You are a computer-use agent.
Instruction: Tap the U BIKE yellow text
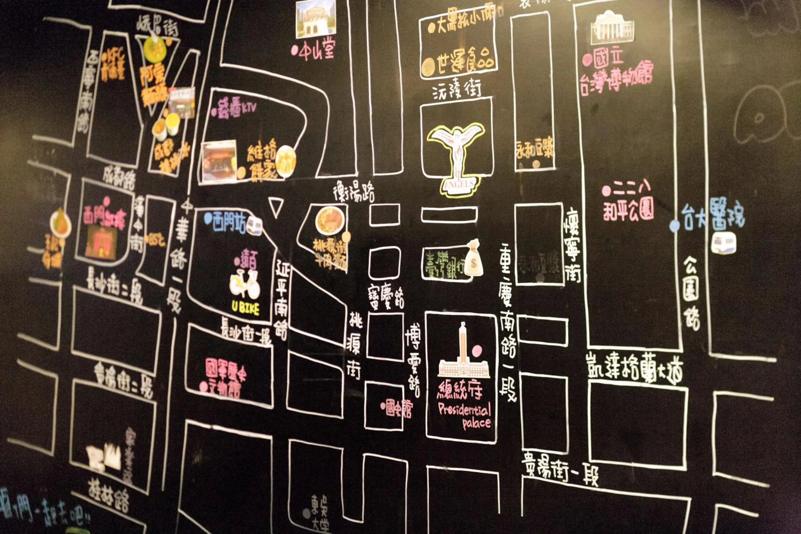click(x=245, y=308)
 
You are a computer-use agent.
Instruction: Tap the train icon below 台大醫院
click(x=723, y=243)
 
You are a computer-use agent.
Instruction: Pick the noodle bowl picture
click(x=330, y=220)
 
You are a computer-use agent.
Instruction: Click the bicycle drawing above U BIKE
click(x=245, y=284)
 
